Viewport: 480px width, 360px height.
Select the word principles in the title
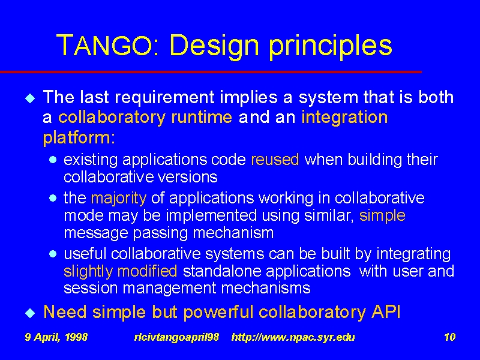[331, 47]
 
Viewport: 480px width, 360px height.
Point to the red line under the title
[211, 72]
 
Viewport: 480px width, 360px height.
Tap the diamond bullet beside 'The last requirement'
[30, 98]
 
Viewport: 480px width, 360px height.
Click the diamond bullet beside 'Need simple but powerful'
[30, 313]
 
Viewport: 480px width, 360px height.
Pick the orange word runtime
[202, 117]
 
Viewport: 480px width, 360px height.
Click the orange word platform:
[79, 138]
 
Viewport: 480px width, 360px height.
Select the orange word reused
[275, 160]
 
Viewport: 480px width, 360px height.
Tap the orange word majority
[119, 199]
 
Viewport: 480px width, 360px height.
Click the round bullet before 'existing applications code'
[53, 160]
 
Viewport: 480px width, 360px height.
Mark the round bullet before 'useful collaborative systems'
[53, 254]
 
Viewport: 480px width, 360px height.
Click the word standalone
[221, 271]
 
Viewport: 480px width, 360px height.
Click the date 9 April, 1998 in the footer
[56, 337]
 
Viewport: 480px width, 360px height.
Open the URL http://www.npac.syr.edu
[293, 338]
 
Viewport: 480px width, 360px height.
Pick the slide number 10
[449, 337]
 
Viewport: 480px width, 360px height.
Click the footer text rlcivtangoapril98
[176, 338]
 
